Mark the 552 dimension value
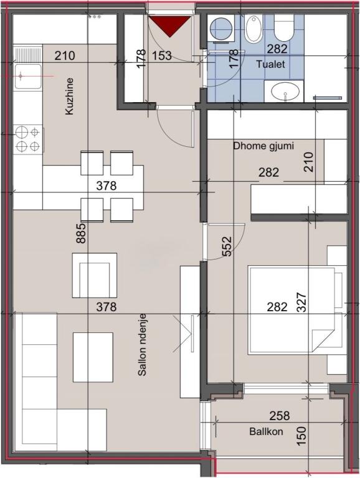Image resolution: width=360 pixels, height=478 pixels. coord(226,246)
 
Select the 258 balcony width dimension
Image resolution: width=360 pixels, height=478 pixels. coord(279,416)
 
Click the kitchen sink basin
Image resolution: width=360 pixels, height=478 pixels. coord(27,76)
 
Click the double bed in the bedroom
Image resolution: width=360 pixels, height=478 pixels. coord(293,308)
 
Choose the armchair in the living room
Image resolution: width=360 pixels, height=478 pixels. coord(95,275)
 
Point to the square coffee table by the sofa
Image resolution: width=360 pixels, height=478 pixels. coord(93,357)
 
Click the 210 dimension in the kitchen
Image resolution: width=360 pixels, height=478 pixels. coord(65,55)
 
